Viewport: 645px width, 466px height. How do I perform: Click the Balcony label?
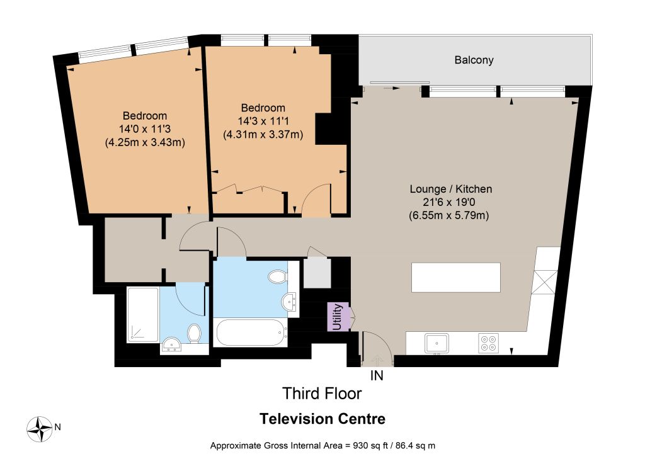[x=474, y=60]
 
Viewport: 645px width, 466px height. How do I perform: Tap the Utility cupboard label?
[x=338, y=317]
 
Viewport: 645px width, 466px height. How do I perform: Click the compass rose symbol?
[x=40, y=429]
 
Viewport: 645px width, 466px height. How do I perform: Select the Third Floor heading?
[x=322, y=394]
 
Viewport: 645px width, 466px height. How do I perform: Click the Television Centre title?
[x=322, y=419]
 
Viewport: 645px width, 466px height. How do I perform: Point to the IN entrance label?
[x=377, y=375]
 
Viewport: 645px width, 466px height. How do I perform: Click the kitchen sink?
[x=437, y=343]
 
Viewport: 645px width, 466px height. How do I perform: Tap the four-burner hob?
[x=489, y=343]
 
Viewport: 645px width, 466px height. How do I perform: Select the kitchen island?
[x=456, y=278]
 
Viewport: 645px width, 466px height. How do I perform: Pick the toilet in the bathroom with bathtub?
[x=278, y=277]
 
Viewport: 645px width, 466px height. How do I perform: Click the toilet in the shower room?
[x=194, y=333]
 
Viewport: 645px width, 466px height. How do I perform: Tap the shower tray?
[x=143, y=315]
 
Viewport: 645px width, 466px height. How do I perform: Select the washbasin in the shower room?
[x=172, y=344]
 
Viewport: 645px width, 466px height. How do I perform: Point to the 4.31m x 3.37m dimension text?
[x=263, y=135]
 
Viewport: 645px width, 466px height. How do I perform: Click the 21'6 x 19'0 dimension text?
[x=448, y=202]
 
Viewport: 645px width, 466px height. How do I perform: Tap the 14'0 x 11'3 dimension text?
[x=145, y=129]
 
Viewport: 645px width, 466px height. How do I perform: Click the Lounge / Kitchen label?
[x=451, y=189]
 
